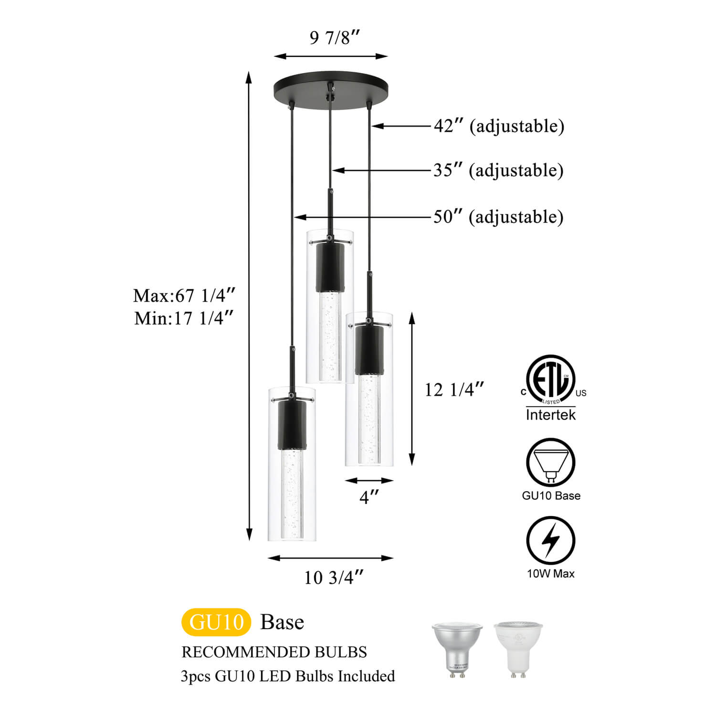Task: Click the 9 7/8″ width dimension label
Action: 335,37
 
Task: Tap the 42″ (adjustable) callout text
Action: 499,126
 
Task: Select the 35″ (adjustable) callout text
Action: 498,170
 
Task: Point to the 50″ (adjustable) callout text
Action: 498,217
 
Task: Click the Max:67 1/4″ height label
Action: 184,295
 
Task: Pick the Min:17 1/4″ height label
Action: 184,318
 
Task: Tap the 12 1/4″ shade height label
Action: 454,390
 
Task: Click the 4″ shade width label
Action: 369,497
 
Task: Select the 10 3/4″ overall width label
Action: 334,578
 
